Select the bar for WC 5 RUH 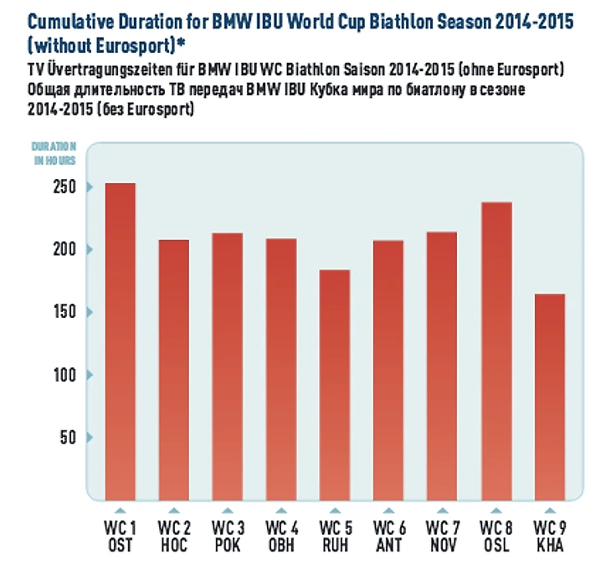pos(334,385)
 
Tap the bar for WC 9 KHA pos(549,397)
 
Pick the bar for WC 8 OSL pos(495,351)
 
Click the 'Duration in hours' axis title pos(54,152)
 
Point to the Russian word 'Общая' pos(49,90)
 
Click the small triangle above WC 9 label pos(548,510)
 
